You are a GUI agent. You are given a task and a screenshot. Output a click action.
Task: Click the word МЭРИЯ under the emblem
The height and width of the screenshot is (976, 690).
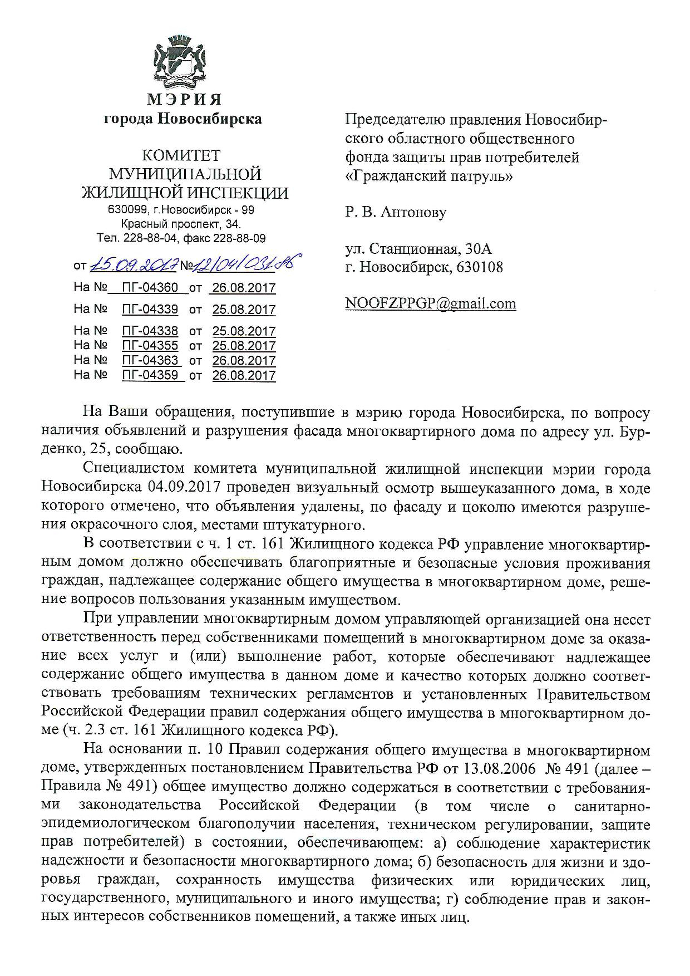click(x=184, y=100)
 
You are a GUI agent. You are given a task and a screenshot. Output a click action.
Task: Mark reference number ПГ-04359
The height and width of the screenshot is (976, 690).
click(x=150, y=375)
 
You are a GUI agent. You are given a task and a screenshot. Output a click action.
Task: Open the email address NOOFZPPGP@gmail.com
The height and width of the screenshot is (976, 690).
click(x=430, y=303)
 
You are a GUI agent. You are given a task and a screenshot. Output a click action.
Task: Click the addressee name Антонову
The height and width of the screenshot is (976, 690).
click(x=415, y=212)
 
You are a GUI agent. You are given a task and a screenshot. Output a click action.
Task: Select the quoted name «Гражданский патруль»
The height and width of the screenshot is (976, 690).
click(x=429, y=176)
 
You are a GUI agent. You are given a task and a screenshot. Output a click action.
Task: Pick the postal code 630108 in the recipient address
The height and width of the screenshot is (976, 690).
click(x=479, y=267)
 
